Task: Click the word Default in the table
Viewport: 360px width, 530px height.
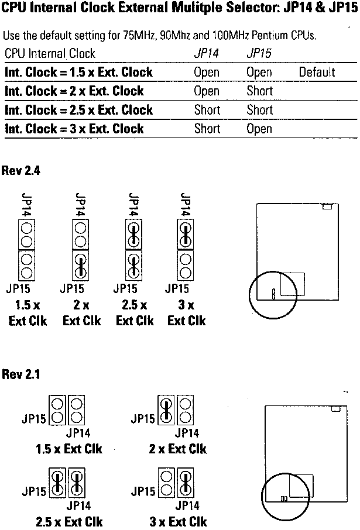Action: click(x=317, y=72)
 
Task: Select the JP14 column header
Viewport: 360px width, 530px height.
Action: click(x=206, y=53)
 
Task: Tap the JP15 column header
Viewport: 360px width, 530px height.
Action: click(x=259, y=53)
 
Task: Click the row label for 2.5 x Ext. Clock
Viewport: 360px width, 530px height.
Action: click(x=78, y=110)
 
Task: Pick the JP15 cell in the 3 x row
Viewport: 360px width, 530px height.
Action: click(x=259, y=129)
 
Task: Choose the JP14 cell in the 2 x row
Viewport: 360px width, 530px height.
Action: click(x=207, y=91)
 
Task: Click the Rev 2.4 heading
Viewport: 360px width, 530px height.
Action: click(x=21, y=170)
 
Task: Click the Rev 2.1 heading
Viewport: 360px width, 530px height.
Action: click(x=21, y=374)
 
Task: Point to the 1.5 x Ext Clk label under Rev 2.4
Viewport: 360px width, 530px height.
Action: click(x=28, y=313)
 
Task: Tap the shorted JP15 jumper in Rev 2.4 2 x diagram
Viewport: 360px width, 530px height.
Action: click(x=81, y=266)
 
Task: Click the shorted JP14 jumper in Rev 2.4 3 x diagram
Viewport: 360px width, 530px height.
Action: click(x=186, y=234)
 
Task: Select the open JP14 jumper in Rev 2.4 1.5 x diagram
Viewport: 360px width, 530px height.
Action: click(x=27, y=234)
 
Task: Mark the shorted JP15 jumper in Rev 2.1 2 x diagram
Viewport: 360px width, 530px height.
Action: click(x=166, y=410)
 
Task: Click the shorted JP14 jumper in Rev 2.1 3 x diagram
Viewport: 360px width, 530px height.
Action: click(x=186, y=483)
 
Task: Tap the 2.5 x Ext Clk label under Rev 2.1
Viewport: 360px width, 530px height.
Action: click(x=69, y=521)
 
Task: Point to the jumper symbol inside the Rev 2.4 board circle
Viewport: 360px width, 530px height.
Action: click(x=274, y=294)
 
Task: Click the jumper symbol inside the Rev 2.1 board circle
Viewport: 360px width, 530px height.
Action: click(x=284, y=498)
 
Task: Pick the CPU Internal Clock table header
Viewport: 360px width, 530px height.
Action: click(x=50, y=53)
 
